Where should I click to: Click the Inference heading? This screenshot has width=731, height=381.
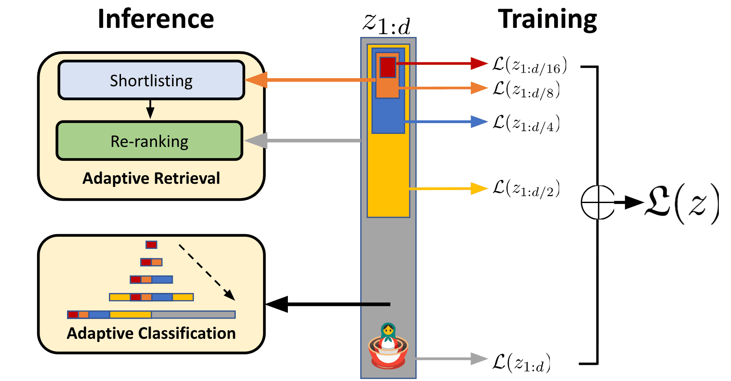(156, 19)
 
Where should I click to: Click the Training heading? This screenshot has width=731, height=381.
(547, 19)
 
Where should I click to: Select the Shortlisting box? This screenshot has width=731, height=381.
(151, 80)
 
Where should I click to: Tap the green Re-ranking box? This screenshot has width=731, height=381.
(149, 141)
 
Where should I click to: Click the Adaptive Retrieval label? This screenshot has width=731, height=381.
(151, 178)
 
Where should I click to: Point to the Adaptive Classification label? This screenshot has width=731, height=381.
(151, 333)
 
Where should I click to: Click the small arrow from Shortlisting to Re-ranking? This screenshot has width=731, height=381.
(150, 109)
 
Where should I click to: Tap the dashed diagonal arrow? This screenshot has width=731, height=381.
(207, 272)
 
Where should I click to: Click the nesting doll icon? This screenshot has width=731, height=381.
(388, 346)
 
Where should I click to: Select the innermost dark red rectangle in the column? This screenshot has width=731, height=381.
(387, 67)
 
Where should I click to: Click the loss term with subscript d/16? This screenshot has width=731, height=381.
(529, 66)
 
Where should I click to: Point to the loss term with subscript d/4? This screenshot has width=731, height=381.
(525, 123)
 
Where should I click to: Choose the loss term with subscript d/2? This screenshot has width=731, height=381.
(525, 188)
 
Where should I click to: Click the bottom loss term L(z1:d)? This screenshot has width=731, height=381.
(521, 363)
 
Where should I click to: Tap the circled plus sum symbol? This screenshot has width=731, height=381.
(597, 202)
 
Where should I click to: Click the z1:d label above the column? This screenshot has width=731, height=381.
(387, 23)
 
